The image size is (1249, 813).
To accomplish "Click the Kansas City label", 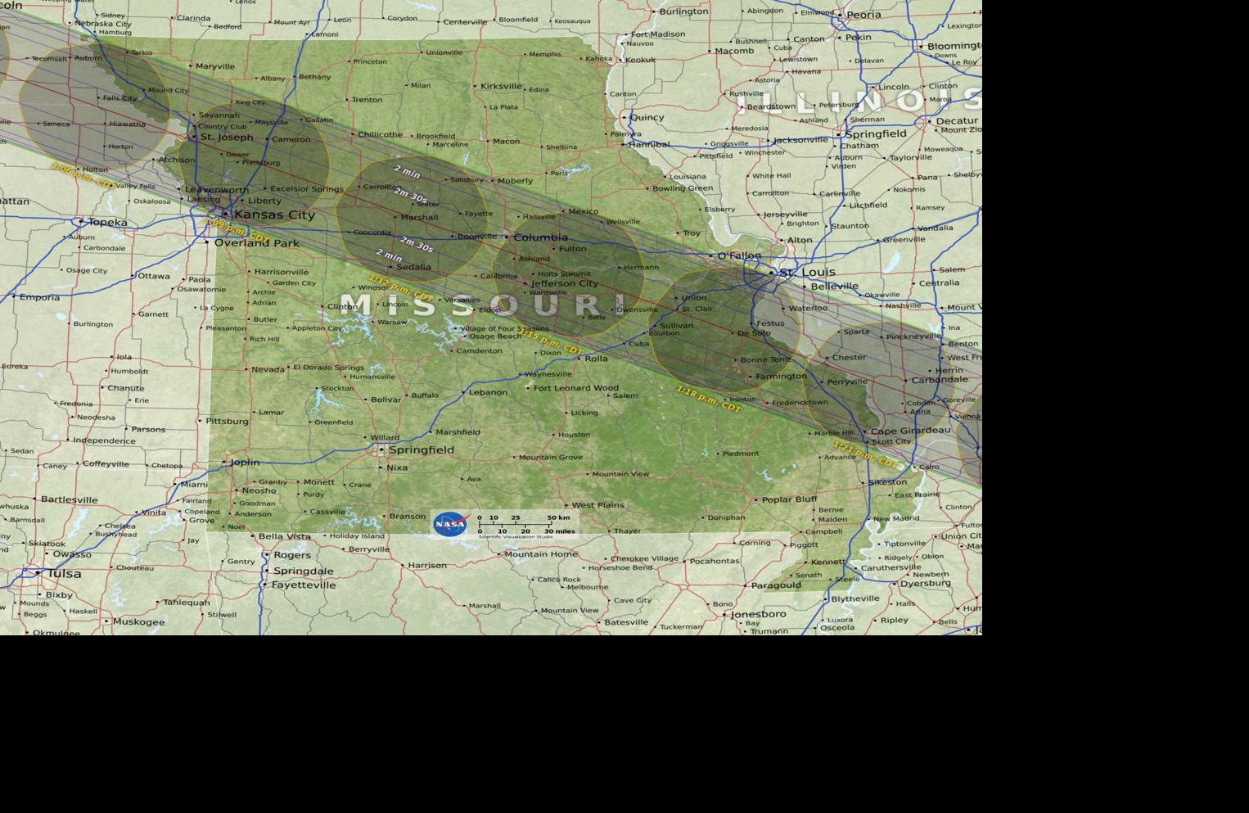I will [x=274, y=215].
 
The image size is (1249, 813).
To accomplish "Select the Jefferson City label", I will [x=565, y=283].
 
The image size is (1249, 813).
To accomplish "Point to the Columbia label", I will [x=540, y=237].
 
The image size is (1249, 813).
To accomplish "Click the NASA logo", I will [x=450, y=524].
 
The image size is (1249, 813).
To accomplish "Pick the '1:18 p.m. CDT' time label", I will [x=708, y=399].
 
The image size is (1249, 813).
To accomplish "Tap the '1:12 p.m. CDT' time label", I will [x=401, y=287].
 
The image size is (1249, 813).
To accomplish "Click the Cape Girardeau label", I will [x=910, y=431].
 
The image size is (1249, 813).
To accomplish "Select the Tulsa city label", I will [x=64, y=573].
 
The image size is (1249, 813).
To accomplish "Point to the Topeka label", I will [x=107, y=222].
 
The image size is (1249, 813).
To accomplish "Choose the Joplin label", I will [x=244, y=462].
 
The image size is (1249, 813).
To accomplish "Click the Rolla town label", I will [x=596, y=359].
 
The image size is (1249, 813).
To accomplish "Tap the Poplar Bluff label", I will [x=789, y=499].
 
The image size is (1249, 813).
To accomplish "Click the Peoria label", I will [x=863, y=15].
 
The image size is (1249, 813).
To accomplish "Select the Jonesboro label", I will [x=758, y=614].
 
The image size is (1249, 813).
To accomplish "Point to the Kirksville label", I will [x=501, y=86].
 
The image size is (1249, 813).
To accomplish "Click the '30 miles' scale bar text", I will [x=560, y=531].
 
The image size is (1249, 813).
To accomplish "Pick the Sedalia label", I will [x=413, y=267].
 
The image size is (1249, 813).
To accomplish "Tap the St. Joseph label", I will [x=227, y=138].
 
